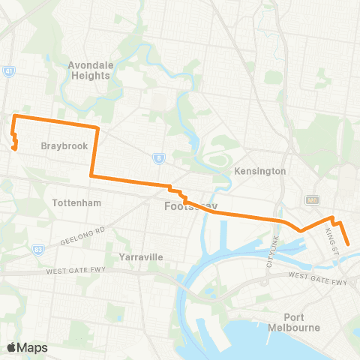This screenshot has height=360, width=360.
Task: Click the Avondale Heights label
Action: [91, 70]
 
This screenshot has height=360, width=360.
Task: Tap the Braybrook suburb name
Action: [60, 146]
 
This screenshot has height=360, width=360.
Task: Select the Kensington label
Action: [261, 171]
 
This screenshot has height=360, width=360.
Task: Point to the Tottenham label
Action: [77, 203]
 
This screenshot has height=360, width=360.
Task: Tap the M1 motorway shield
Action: [313, 200]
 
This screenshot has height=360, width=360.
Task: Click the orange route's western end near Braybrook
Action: [16, 147]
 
